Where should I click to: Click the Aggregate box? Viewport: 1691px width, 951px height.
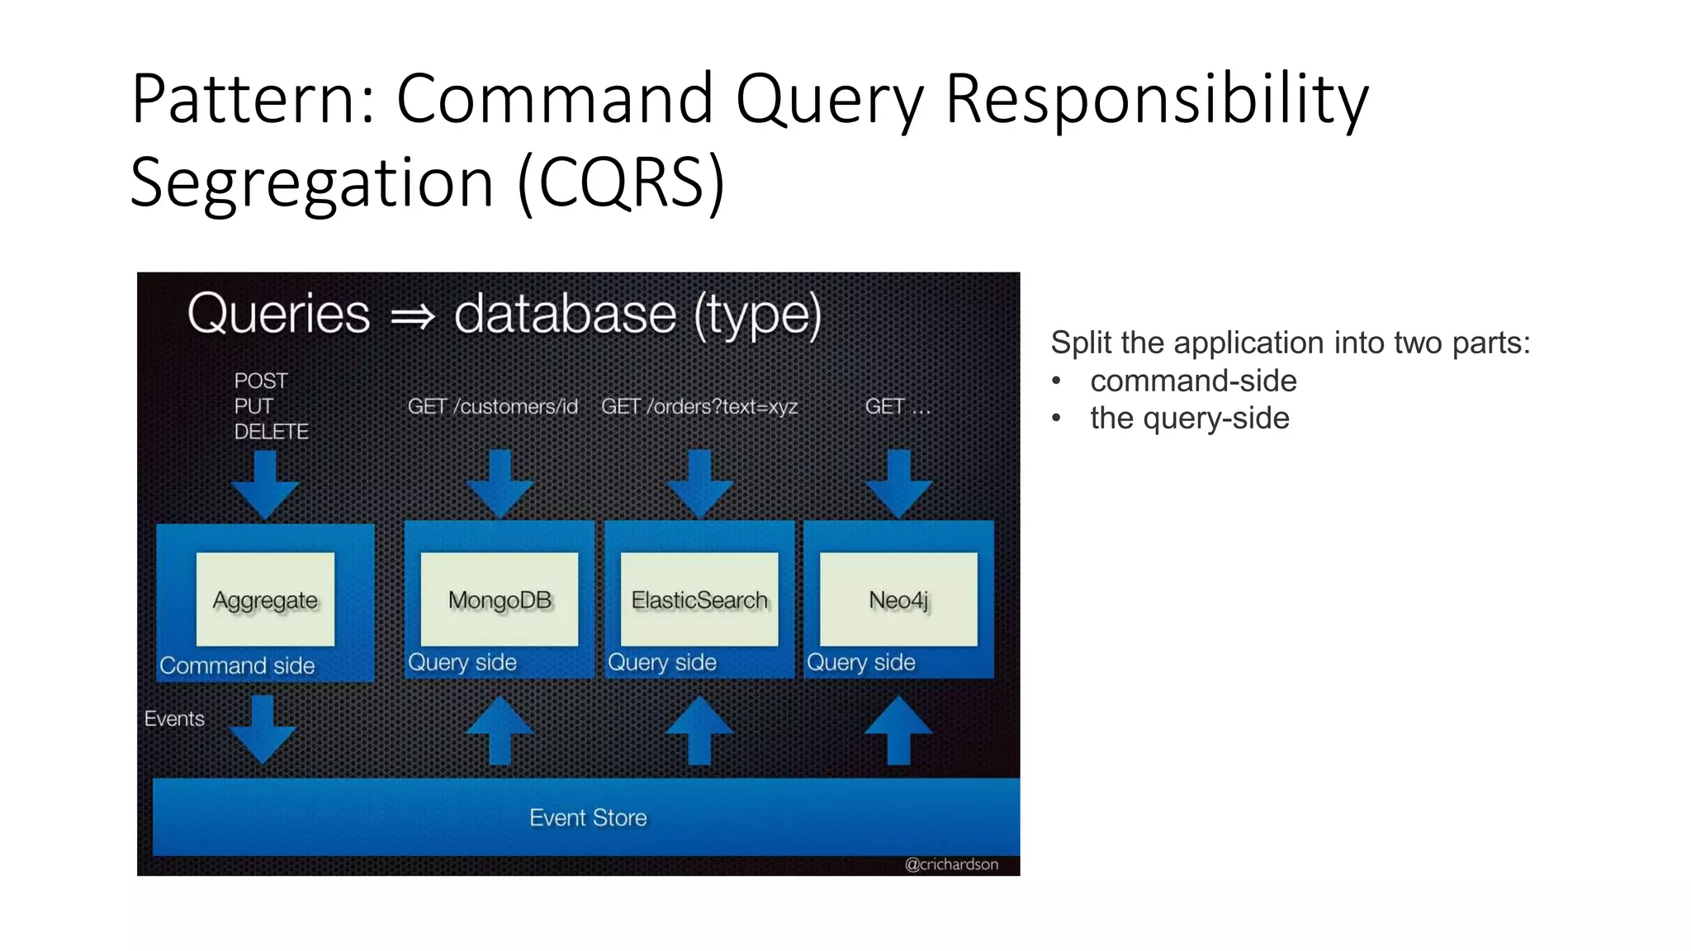[265, 599]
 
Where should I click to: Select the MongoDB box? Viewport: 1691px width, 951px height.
[500, 599]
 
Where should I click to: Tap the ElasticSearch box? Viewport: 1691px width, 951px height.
[699, 599]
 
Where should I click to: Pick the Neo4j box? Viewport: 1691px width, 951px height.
[898, 599]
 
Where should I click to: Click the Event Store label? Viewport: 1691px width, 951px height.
[588, 817]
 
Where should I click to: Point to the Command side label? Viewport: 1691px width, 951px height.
[237, 665]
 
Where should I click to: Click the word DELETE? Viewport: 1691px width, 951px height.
[271, 432]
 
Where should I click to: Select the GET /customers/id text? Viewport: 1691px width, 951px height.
[493, 407]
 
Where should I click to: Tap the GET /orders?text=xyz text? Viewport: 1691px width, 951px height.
[699, 407]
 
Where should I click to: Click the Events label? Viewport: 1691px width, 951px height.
[174, 718]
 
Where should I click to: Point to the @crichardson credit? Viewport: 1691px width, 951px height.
[951, 864]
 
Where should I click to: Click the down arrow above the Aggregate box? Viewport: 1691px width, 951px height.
[265, 484]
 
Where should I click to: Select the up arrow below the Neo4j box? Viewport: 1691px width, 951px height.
[898, 730]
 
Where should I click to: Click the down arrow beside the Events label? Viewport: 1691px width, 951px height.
[263, 728]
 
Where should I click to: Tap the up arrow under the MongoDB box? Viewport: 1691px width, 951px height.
[500, 730]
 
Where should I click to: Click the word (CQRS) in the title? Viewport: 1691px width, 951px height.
[621, 182]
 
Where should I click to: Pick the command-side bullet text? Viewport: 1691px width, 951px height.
[1193, 381]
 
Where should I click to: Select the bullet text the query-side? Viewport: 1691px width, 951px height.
[1189, 418]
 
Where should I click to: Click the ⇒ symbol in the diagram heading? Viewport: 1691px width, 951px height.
[412, 316]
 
